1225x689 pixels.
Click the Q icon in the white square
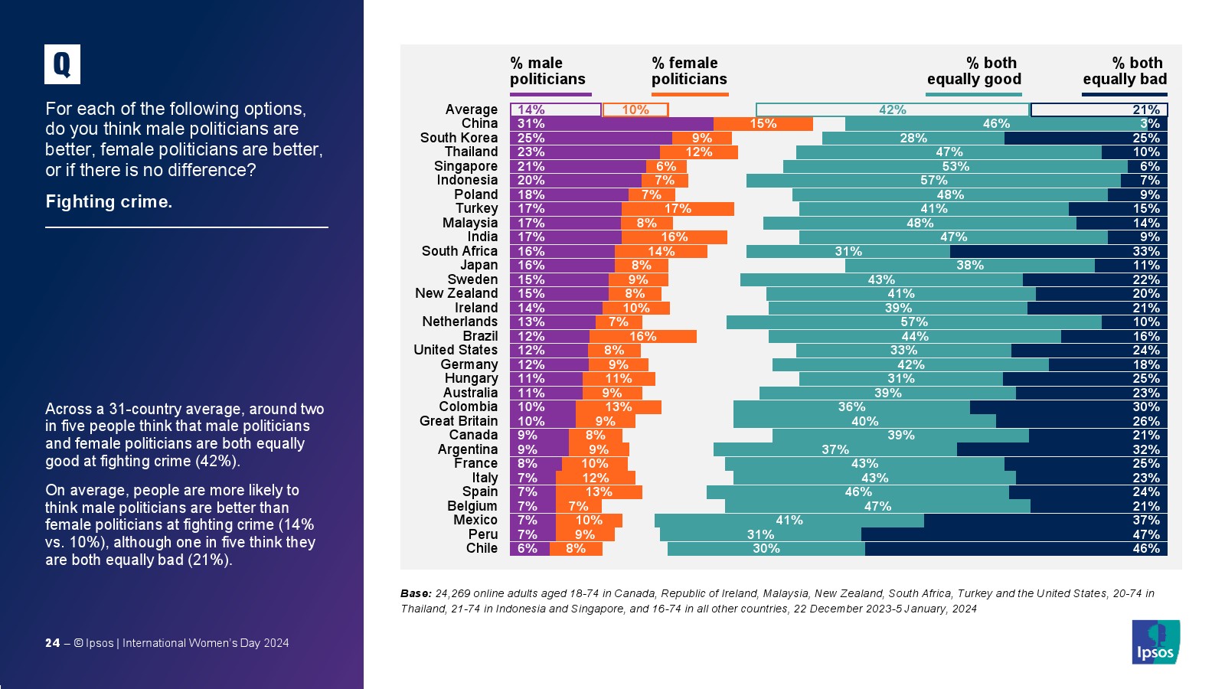pos(62,64)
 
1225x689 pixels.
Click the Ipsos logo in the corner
pos(1155,642)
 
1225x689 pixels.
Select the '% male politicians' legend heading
pos(547,71)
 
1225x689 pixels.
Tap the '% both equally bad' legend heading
pos(1125,71)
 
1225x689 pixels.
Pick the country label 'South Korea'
pos(459,138)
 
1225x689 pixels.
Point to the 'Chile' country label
pos(482,548)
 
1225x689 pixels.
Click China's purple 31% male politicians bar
pos(612,124)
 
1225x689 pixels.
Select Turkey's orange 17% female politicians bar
pos(678,209)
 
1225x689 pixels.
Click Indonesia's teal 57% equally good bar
pos(933,181)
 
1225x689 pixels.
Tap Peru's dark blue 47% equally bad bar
pos(1014,534)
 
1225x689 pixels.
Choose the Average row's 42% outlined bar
pos(892,110)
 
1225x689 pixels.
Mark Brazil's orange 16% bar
pos(643,337)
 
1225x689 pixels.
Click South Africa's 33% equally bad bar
pos(1058,252)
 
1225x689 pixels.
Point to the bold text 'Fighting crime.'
pos(109,201)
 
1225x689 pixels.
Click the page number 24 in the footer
pos(52,643)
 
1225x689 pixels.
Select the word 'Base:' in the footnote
pos(416,593)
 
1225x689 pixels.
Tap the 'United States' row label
pos(456,350)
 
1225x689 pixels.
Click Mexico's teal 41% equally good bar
pos(789,521)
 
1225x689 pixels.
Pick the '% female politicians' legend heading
pos(689,71)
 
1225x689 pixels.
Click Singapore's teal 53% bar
pos(955,167)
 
